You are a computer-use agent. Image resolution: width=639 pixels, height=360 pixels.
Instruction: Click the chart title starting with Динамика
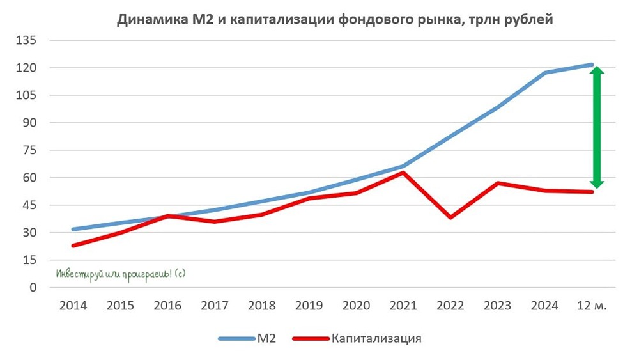(335, 20)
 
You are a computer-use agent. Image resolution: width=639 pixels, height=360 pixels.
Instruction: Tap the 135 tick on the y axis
(27, 40)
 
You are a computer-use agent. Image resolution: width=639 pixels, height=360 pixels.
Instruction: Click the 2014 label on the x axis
(73, 306)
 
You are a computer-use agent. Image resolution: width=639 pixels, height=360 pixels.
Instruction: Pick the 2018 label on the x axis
(262, 306)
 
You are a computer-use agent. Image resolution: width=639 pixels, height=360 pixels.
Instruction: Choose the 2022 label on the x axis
(451, 306)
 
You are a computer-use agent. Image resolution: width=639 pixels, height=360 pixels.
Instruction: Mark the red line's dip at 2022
(451, 217)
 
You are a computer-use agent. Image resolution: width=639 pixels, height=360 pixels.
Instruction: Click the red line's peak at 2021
(404, 173)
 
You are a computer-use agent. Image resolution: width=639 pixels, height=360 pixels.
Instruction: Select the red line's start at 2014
(73, 246)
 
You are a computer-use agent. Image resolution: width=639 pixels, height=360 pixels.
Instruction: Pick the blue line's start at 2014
(73, 229)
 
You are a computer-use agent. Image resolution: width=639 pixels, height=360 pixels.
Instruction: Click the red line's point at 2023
(498, 183)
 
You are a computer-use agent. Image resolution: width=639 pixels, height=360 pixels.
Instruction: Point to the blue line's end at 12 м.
(592, 65)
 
